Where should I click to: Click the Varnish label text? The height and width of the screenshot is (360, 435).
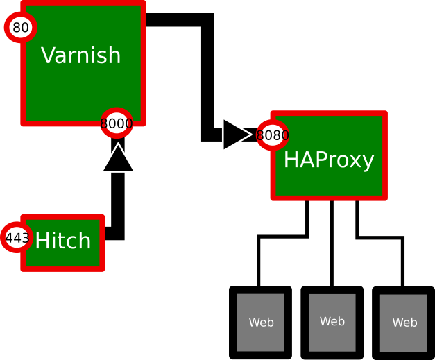tap(81, 55)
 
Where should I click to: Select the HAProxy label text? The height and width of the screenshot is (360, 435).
tap(329, 160)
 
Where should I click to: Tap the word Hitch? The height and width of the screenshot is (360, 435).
tap(63, 241)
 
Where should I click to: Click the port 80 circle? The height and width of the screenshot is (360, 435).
tap(21, 28)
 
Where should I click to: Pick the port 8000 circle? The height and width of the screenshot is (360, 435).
tap(117, 124)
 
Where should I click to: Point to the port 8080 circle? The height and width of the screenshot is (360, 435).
tap(273, 135)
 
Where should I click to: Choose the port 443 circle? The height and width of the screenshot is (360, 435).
tap(17, 238)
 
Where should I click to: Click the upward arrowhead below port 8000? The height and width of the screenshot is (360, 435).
tap(118, 159)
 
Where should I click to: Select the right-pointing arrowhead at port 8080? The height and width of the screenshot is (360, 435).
tap(235, 135)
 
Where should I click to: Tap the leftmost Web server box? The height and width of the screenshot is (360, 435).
tap(261, 323)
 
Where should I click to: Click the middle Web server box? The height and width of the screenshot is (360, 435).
tap(332, 322)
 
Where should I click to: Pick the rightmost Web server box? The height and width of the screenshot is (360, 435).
tap(404, 323)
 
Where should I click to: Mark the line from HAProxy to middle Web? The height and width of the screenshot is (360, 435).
tap(332, 243)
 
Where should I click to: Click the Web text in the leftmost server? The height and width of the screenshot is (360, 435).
tap(261, 323)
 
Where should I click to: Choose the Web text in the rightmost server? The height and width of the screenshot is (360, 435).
tap(404, 323)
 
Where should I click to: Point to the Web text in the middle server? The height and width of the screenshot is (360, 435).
tap(332, 321)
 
